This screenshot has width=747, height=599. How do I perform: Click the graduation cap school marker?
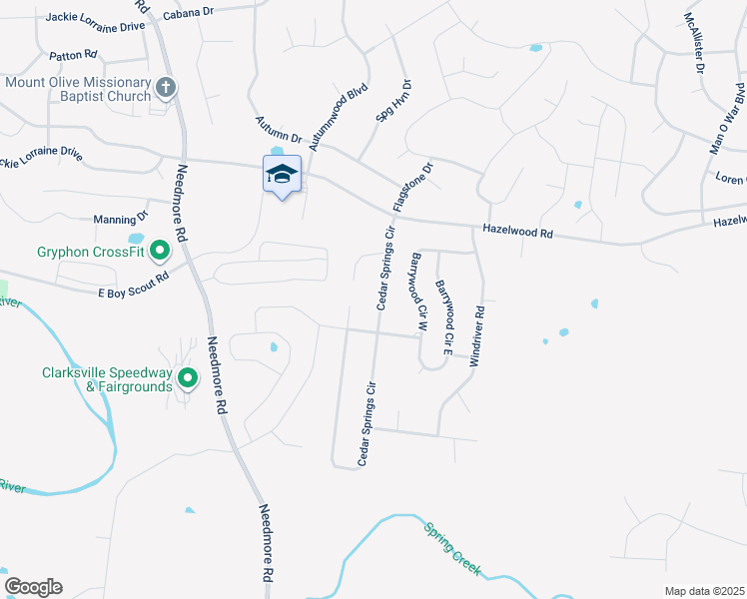pos(282,174)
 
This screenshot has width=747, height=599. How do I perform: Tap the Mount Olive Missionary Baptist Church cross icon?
pos(167,90)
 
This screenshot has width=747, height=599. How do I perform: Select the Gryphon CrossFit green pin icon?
pos(160,252)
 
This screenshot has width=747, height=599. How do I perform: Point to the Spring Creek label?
pos(451,549)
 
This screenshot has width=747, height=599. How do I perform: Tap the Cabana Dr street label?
pos(189,13)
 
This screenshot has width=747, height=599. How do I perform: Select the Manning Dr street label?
pos(120,217)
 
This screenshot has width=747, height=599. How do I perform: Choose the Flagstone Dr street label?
pos(412,187)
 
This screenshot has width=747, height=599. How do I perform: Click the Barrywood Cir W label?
pos(417,292)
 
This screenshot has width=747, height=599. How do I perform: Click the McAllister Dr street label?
pos(695,46)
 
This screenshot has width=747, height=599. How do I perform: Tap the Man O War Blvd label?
pos(727,116)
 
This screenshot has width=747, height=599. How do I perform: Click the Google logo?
pos(33,587)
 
